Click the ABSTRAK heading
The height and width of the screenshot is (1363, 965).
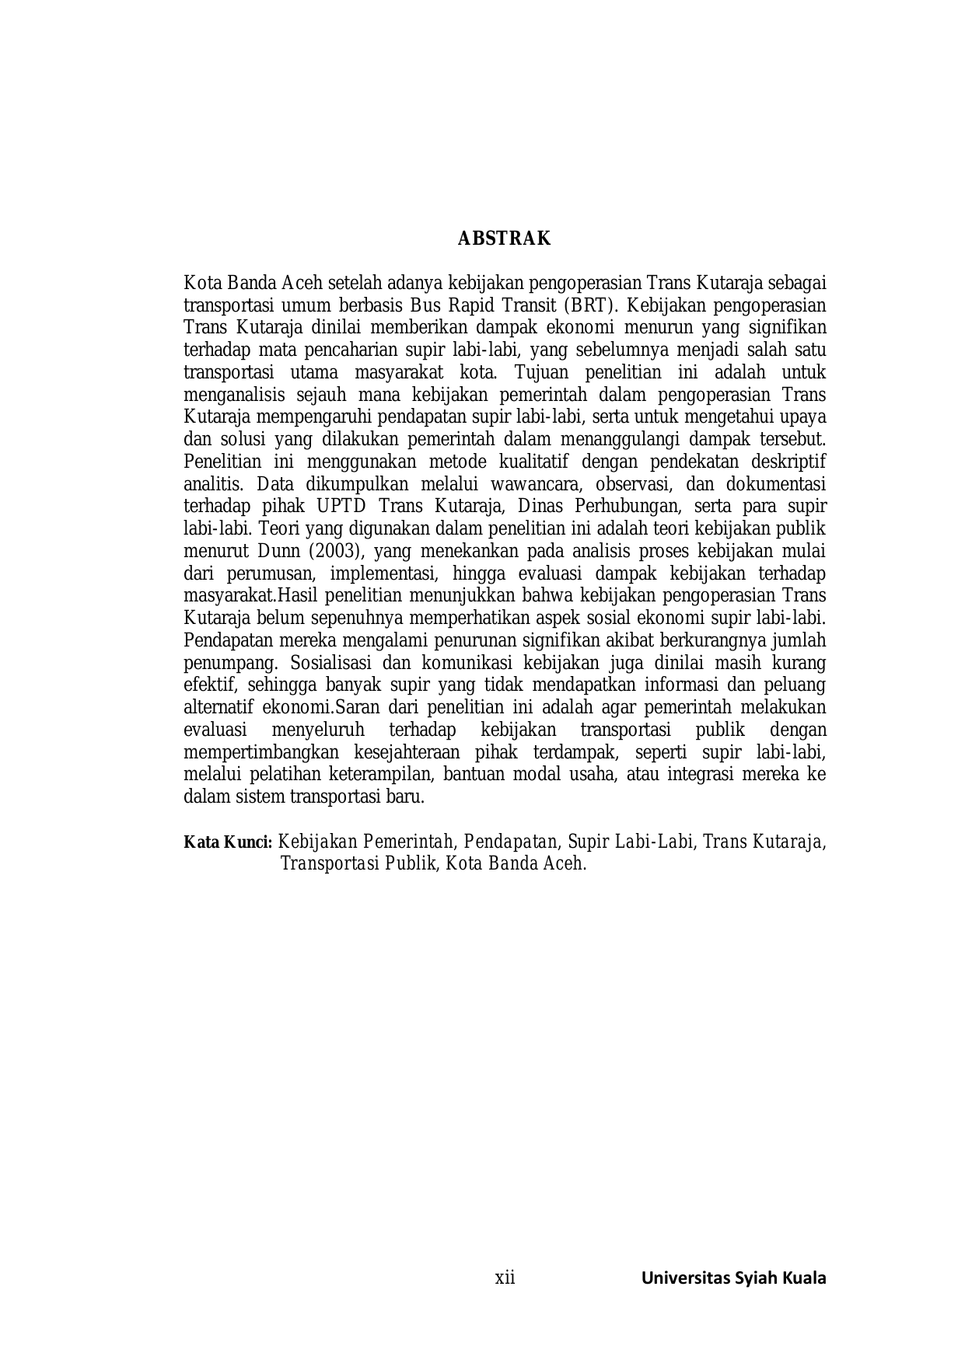click(x=504, y=239)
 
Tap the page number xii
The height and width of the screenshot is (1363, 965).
click(x=505, y=1278)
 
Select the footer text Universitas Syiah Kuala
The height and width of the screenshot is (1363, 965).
click(x=733, y=1278)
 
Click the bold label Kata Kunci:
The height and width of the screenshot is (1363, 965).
click(x=227, y=842)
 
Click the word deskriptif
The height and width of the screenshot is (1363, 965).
click(x=787, y=462)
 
